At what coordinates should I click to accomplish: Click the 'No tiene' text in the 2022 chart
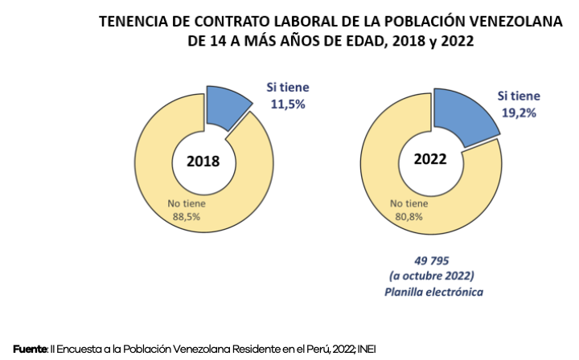click(410, 204)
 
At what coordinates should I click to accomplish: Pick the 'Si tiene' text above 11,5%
click(287, 87)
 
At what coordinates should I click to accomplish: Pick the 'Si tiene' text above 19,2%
click(519, 97)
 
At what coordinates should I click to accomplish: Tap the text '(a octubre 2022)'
click(433, 276)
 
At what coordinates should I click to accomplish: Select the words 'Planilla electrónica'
click(433, 292)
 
